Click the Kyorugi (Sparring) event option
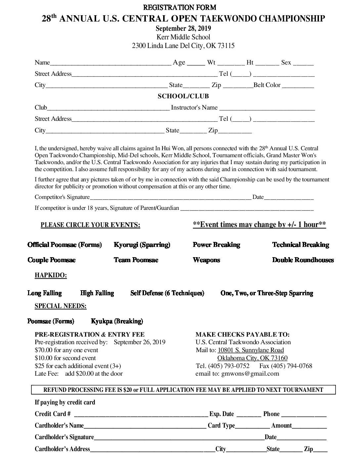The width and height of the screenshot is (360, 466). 142,245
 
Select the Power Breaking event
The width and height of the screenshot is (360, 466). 216,245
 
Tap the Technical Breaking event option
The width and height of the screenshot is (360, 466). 300,245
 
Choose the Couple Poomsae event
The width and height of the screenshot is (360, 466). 52,260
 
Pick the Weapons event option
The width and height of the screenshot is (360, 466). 206,260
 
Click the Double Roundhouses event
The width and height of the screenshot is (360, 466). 303,260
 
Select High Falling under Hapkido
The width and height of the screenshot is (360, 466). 97,293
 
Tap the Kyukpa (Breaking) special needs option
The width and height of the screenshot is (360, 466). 117,321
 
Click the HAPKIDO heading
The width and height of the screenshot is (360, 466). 51,276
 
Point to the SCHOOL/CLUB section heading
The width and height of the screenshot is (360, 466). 183,96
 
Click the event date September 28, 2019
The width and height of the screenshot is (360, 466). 183,28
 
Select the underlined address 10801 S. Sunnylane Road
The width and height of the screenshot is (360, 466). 250,350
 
